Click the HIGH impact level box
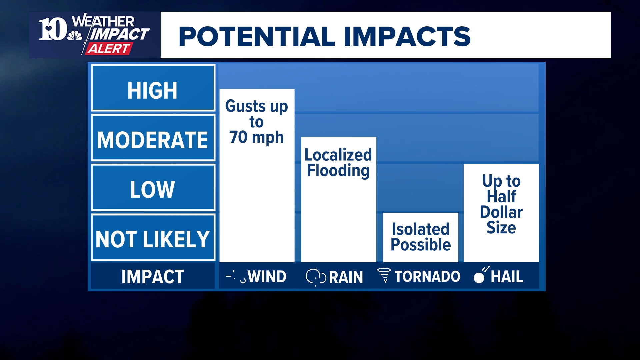tap(153, 88)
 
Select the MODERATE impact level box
tap(153, 138)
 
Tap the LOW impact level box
tap(153, 188)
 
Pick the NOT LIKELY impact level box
tap(153, 238)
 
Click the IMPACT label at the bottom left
tap(153, 276)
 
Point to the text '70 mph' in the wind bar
tap(256, 137)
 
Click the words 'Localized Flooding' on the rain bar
tap(338, 163)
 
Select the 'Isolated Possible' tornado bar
tap(421, 237)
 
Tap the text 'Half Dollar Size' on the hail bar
tap(501, 212)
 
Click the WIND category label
tap(267, 277)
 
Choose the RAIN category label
tap(346, 277)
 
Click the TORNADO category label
tap(427, 277)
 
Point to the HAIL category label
tap(507, 277)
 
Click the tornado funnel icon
tap(384, 275)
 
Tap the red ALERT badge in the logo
tap(108, 49)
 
